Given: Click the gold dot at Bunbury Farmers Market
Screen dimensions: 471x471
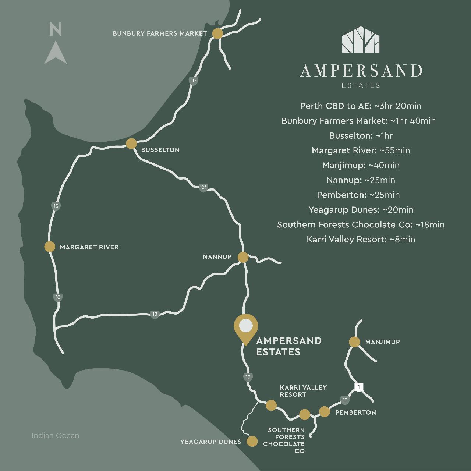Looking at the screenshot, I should (217, 33).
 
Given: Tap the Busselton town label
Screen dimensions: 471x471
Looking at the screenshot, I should (160, 150).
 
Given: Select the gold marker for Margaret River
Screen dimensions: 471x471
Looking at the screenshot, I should (50, 247).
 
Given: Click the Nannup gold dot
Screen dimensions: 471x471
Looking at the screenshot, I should (243, 257).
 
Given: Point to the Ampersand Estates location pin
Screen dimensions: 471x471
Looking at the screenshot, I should (246, 327).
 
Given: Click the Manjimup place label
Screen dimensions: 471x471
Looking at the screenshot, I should (382, 342).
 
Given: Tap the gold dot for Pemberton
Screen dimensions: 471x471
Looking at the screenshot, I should (324, 411).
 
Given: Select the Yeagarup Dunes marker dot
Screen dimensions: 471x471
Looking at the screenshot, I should (252, 441).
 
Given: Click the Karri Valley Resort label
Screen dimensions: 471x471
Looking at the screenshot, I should (303, 391).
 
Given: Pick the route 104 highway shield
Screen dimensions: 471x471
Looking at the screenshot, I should (203, 188).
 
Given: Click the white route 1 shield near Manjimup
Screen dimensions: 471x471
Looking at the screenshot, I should (358, 387).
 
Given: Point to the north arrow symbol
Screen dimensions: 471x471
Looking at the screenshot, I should (56, 53).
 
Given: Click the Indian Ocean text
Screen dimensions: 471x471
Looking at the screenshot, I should (55, 436).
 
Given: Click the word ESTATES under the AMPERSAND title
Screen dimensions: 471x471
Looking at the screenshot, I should (361, 85).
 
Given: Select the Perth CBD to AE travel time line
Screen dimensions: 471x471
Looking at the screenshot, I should (361, 106).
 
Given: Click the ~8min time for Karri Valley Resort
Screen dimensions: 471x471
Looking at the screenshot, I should (402, 240).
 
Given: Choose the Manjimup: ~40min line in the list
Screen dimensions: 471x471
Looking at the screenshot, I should (361, 165).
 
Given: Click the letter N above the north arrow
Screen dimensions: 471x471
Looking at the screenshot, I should (56, 29).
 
